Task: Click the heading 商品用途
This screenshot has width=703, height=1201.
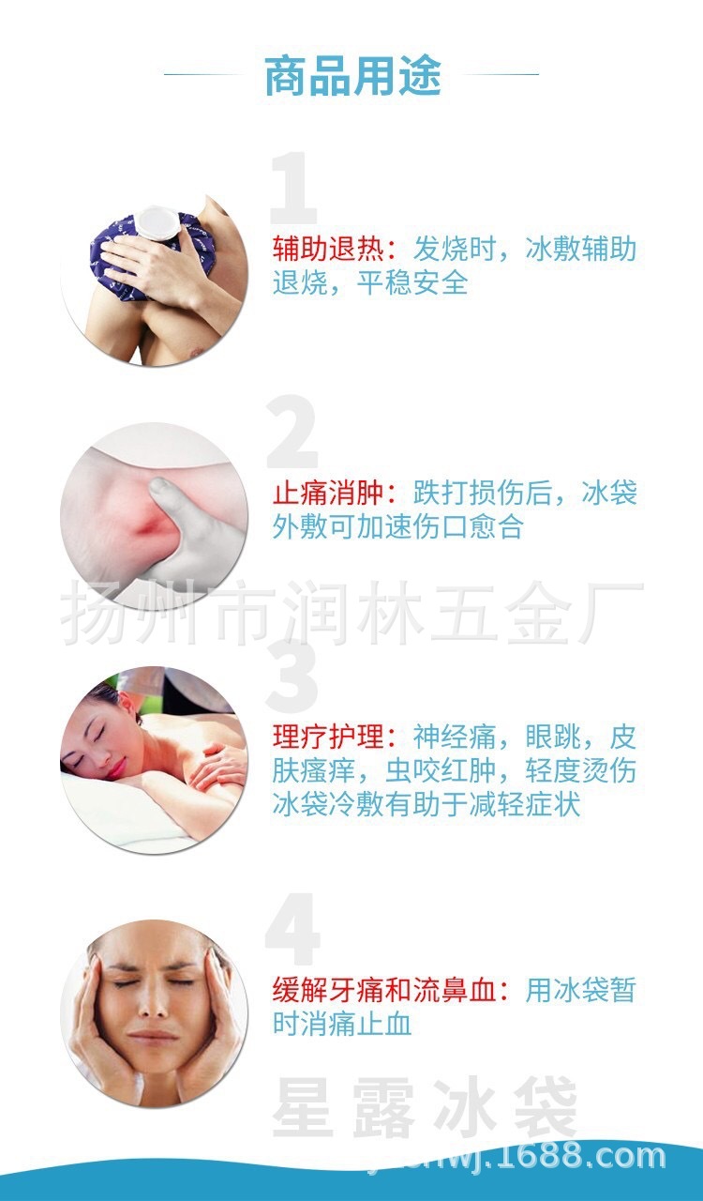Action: (351, 77)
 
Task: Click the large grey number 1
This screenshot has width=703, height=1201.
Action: (293, 192)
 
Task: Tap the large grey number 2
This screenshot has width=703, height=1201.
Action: (293, 434)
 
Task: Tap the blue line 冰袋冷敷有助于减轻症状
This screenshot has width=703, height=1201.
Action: (426, 805)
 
